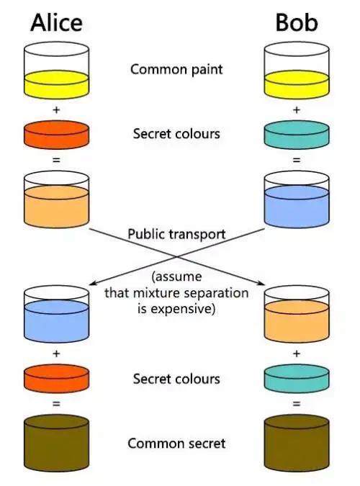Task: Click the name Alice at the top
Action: [x=56, y=22]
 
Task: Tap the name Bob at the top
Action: [x=297, y=22]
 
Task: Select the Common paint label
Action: [x=176, y=69]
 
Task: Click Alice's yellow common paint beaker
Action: [x=56, y=71]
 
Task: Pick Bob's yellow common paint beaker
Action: [x=297, y=71]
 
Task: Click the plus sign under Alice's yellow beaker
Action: [x=56, y=109]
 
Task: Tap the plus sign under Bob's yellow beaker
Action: [x=297, y=109]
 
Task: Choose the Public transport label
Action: [x=176, y=234]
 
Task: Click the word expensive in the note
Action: [x=176, y=310]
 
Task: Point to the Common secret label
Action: [x=176, y=444]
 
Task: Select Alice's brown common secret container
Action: [x=56, y=444]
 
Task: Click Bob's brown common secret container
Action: [x=297, y=444]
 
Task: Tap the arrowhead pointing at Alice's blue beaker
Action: [x=91, y=284]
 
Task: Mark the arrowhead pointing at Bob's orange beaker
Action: [x=261, y=283]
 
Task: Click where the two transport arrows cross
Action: [x=177, y=256]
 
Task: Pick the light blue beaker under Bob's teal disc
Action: [x=297, y=199]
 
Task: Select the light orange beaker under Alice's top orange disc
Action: [x=56, y=199]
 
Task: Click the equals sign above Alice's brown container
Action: [x=56, y=404]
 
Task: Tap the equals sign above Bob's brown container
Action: [x=297, y=404]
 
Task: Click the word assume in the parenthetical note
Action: [x=176, y=276]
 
